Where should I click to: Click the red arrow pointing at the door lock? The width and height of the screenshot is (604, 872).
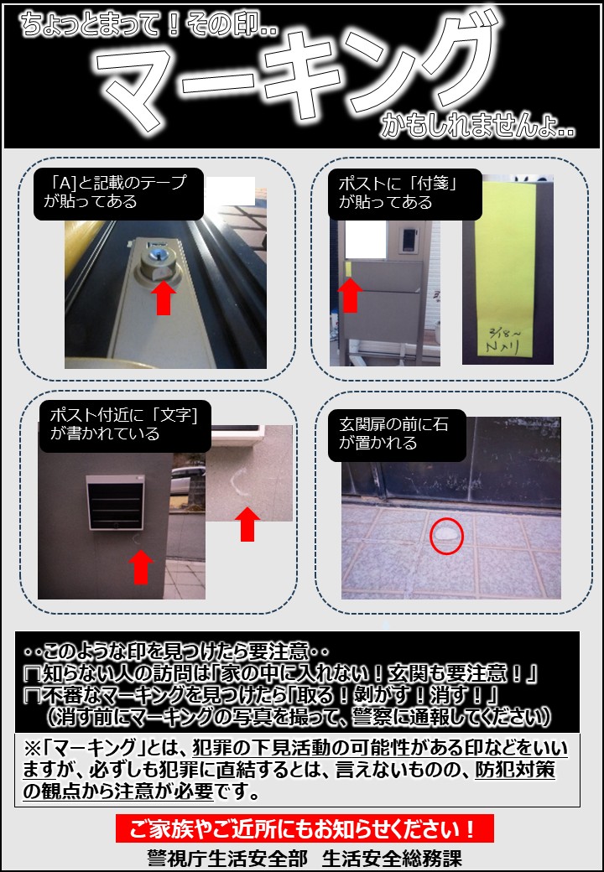[163, 298]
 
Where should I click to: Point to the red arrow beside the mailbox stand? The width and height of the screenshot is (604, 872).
[350, 295]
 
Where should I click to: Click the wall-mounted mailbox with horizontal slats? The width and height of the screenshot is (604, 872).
[115, 503]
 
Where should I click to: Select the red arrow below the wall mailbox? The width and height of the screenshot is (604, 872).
[141, 567]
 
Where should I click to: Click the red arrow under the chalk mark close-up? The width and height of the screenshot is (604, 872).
[247, 524]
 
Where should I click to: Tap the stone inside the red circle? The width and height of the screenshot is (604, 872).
[446, 534]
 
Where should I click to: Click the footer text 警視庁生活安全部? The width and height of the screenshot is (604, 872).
[226, 858]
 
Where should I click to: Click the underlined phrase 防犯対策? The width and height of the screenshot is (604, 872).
[515, 771]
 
